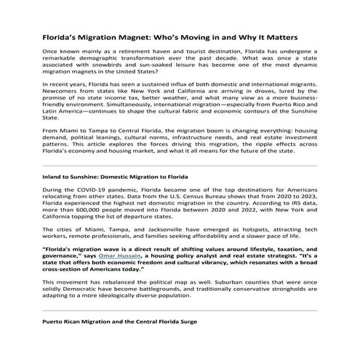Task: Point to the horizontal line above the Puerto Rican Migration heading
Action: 180,331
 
